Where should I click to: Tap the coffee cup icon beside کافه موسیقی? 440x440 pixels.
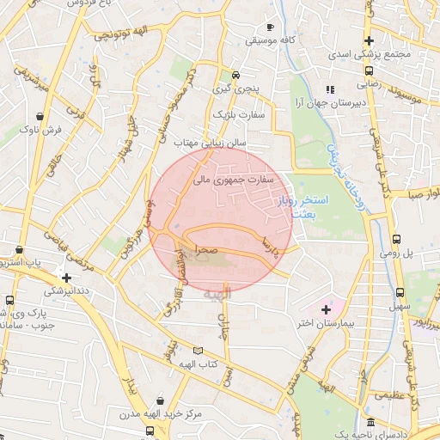click(271, 26)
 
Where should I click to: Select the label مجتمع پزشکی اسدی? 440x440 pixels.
click(369, 54)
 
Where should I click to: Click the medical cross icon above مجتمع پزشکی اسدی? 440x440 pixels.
click(369, 40)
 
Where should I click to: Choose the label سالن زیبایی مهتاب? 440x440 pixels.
click(211, 140)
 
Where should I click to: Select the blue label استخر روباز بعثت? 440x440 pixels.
click(299, 205)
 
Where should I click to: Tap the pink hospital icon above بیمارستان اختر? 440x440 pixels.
click(326, 309)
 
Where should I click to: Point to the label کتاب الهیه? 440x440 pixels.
click(199, 365)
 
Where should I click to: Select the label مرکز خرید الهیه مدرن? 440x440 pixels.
click(159, 414)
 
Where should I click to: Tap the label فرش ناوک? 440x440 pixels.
click(40, 129)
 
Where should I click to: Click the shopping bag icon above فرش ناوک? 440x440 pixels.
click(40, 115)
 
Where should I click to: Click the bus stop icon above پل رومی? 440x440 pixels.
click(396, 240)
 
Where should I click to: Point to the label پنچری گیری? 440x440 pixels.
click(235, 89)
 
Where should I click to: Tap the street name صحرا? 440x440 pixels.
click(194, 249)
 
